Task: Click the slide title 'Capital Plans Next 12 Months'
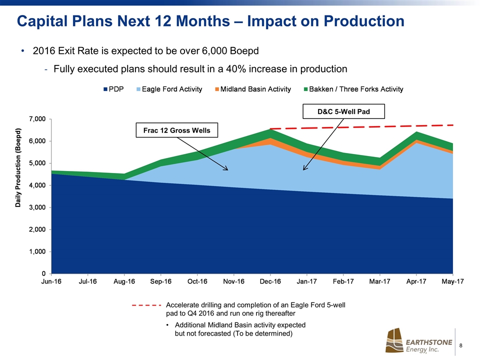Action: point(210,21)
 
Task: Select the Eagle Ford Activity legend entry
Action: point(168,89)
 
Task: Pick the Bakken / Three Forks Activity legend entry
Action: point(353,89)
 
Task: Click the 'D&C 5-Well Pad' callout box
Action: point(343,111)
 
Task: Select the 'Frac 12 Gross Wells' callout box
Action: point(173,130)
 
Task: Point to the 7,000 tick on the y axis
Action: point(35,119)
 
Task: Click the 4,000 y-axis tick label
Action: point(35,185)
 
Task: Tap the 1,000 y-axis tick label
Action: point(35,251)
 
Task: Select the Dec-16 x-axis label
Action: point(270,282)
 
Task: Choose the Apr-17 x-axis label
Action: point(416,282)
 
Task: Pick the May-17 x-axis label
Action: point(452,282)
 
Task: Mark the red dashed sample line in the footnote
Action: point(146,304)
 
